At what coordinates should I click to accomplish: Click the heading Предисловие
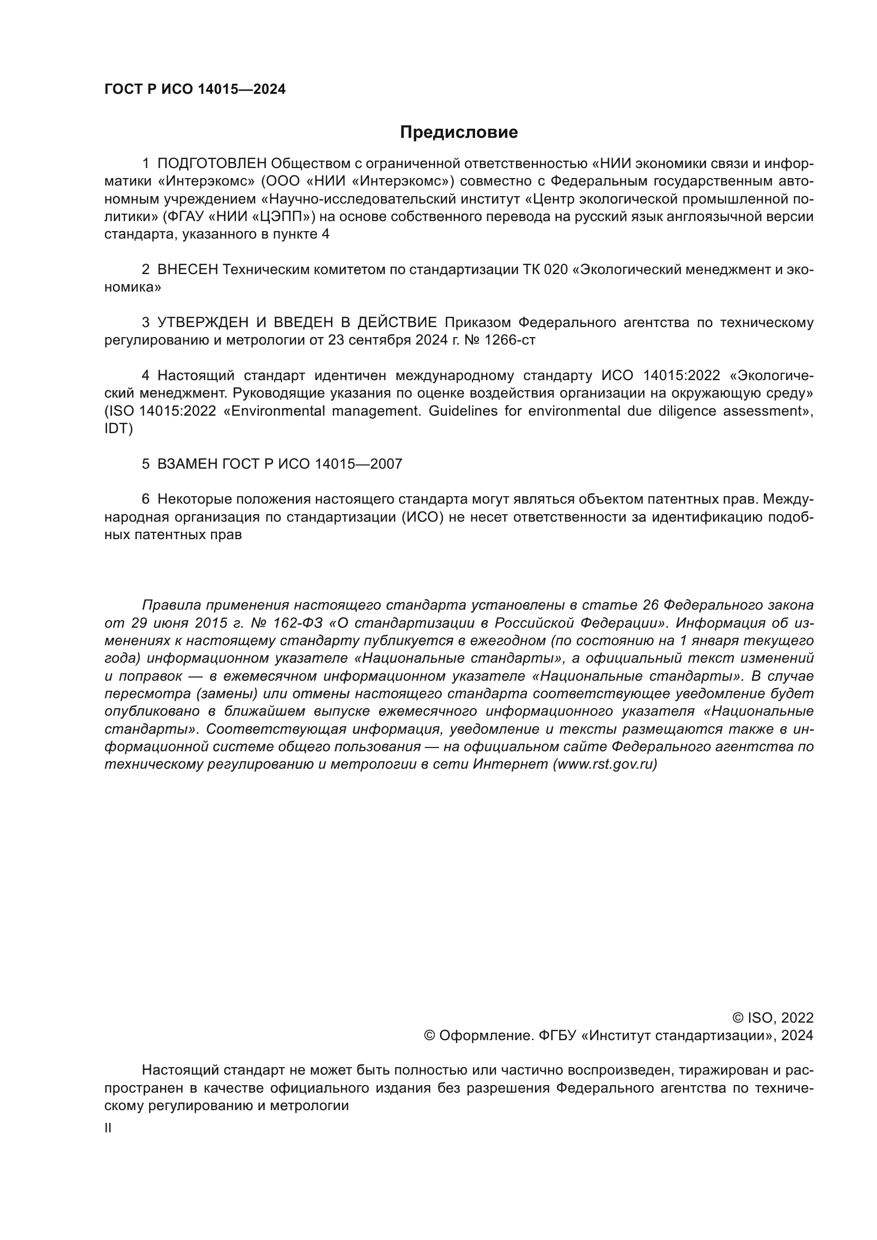click(x=459, y=133)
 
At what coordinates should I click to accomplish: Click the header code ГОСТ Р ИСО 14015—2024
click(x=195, y=90)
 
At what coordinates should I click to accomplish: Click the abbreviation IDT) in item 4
click(x=118, y=429)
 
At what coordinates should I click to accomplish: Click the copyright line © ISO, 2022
click(x=773, y=1018)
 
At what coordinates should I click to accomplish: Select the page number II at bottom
click(x=108, y=1128)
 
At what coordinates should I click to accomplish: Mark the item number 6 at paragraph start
click(x=145, y=499)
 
